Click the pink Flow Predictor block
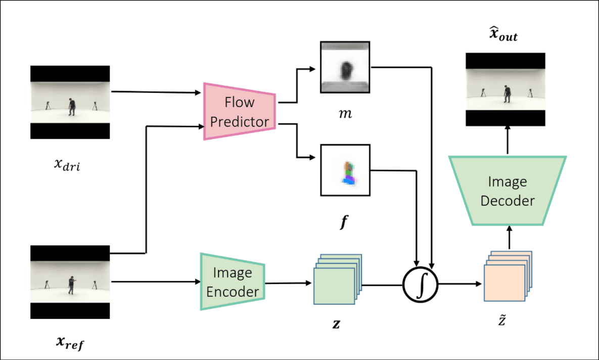click(x=240, y=111)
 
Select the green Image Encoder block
click(x=233, y=282)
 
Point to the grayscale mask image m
click(x=345, y=68)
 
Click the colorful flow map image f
click(x=345, y=170)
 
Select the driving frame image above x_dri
click(x=70, y=102)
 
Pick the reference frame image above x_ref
click(x=70, y=282)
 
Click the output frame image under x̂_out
click(x=505, y=89)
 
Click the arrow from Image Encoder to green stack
click(x=288, y=284)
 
